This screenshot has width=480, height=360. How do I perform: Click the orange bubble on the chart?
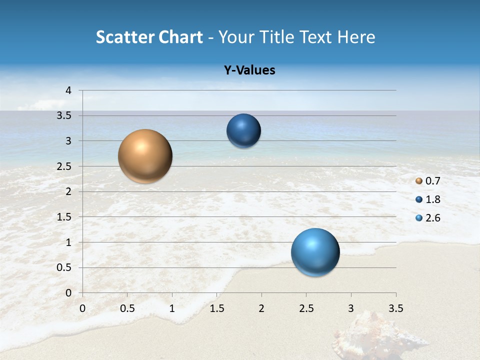[x=145, y=156]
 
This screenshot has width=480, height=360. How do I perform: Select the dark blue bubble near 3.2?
[x=243, y=131]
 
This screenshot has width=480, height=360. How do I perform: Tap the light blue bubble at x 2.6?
[x=315, y=252]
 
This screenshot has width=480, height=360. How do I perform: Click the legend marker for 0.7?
[x=419, y=181]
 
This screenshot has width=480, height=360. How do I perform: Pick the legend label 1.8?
[x=433, y=199]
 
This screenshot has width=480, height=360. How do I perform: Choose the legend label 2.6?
[x=433, y=218]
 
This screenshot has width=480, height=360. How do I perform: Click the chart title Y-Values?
[x=249, y=70]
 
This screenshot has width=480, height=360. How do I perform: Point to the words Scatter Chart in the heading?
[x=149, y=37]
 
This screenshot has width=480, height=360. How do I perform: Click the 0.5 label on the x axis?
[x=127, y=308]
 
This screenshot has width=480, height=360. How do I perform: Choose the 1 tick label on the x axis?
[x=172, y=308]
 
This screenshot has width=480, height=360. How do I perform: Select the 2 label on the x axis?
[x=261, y=308]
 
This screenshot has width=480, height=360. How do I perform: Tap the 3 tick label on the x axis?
[x=351, y=308]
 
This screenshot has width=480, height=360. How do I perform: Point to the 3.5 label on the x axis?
[x=395, y=308]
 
